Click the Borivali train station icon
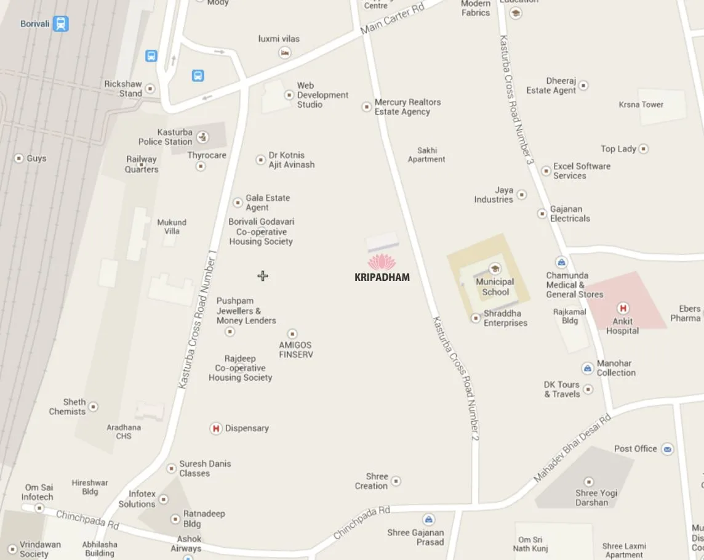[60, 24]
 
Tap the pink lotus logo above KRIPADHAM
[382, 262]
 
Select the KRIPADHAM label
[382, 277]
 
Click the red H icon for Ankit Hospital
[623, 308]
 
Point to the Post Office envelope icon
[667, 449]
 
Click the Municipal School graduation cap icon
[495, 269]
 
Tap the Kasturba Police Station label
[166, 137]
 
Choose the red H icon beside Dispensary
[216, 428]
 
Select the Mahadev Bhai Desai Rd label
[572, 448]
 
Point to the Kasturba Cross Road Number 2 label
[455, 378]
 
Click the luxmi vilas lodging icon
[284, 53]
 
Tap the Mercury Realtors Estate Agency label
[407, 107]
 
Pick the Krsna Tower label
[641, 105]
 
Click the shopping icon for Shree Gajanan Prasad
[429, 519]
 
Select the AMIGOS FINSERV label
[295, 350]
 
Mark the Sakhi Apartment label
[426, 155]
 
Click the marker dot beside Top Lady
[643, 148]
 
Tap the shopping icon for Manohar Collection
[588, 368]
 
